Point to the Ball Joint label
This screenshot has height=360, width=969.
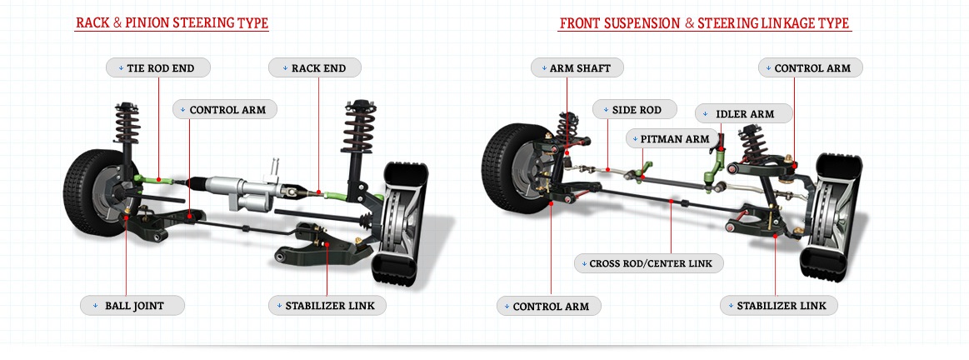coord(132,305)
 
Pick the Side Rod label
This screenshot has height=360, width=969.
coord(636,109)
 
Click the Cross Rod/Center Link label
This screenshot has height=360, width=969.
coord(649,263)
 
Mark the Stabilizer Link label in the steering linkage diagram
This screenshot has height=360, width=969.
coord(779,305)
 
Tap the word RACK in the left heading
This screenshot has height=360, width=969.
coord(92,23)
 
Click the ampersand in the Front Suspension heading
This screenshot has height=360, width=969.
coord(690,23)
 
